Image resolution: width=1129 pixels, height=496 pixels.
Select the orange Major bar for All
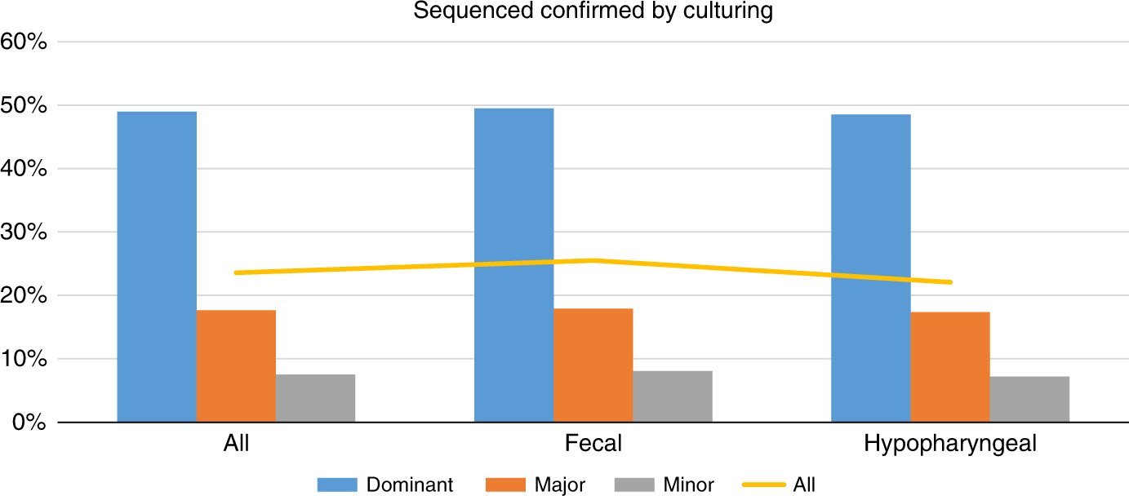click(x=236, y=366)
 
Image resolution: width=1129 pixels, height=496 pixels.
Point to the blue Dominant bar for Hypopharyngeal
click(x=870, y=268)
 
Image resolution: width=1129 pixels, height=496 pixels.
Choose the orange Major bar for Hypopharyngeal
click(x=950, y=367)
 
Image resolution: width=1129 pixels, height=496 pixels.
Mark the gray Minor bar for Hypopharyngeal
click(x=1029, y=399)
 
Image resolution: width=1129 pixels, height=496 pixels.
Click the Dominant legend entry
click(x=409, y=485)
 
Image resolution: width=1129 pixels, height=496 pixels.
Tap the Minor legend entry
click(x=688, y=485)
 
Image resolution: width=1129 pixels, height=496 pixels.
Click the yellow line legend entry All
click(x=803, y=485)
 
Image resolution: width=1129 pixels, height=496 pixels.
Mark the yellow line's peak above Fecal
click(x=593, y=260)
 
